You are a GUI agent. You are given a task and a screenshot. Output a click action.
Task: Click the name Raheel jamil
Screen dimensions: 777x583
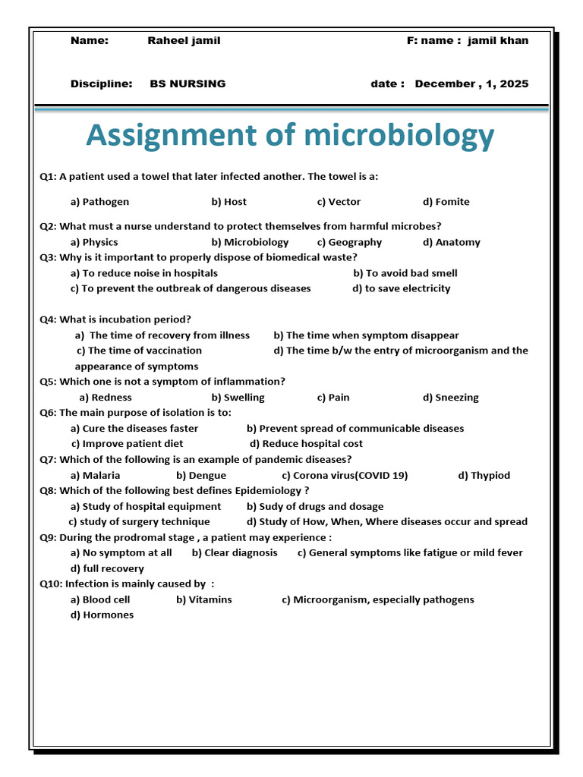[x=184, y=40]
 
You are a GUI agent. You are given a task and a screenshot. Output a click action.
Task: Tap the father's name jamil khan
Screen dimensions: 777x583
[x=498, y=40]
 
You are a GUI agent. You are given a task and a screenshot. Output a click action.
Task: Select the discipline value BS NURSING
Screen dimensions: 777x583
[x=188, y=83]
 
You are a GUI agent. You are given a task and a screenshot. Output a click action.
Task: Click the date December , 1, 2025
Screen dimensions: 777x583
[x=471, y=83]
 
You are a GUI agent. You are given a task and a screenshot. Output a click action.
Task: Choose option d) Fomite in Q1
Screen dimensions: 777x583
[x=446, y=202]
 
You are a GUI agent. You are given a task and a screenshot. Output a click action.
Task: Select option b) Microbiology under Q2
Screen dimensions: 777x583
[x=250, y=242]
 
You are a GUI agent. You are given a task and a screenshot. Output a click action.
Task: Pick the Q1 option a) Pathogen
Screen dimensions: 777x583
[x=99, y=202]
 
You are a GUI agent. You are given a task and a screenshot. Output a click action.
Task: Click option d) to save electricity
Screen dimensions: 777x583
[x=401, y=288]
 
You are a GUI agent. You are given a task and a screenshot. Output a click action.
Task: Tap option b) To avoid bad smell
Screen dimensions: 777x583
[x=405, y=273]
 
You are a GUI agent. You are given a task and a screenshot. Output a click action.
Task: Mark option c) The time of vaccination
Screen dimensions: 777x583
[x=139, y=351]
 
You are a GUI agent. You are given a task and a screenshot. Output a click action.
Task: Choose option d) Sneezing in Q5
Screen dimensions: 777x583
[x=450, y=398]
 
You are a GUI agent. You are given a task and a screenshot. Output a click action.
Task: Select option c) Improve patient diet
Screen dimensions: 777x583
[x=127, y=444]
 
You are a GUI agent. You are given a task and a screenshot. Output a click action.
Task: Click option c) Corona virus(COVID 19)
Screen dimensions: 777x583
[x=344, y=476]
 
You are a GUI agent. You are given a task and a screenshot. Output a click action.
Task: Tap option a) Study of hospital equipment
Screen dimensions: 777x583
[x=146, y=506]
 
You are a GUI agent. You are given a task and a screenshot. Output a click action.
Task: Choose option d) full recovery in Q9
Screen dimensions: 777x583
[x=107, y=568]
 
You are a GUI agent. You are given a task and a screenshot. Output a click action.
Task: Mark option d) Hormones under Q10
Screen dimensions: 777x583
[x=102, y=615]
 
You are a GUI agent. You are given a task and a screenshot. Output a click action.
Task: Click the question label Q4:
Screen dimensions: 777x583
[x=48, y=319]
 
